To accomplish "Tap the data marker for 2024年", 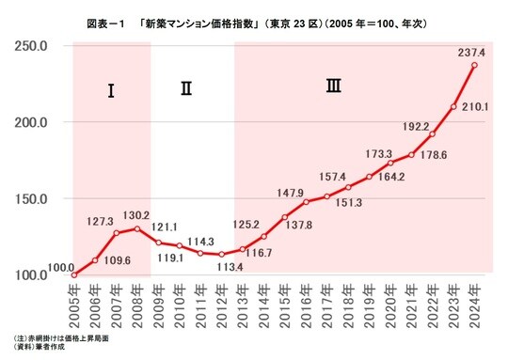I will pyautogui.click(x=474, y=65).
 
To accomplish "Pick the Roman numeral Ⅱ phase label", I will pyautogui.click(x=186, y=89).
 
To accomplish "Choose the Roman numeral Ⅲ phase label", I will pyautogui.click(x=333, y=86).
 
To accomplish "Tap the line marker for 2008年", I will pyautogui.click(x=137, y=228).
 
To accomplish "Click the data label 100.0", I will pyautogui.click(x=60, y=269).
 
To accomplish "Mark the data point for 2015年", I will pyautogui.click(x=285, y=217).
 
